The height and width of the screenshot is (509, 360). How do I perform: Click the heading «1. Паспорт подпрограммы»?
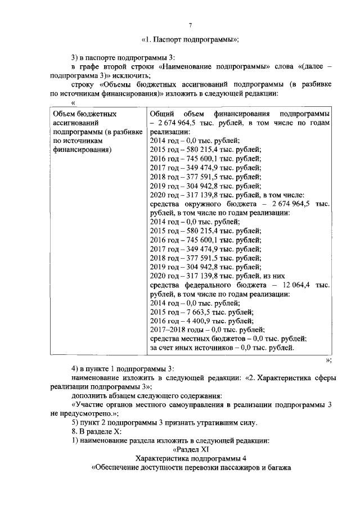pos(190,39)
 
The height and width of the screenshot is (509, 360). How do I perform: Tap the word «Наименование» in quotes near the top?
pos(185,66)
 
